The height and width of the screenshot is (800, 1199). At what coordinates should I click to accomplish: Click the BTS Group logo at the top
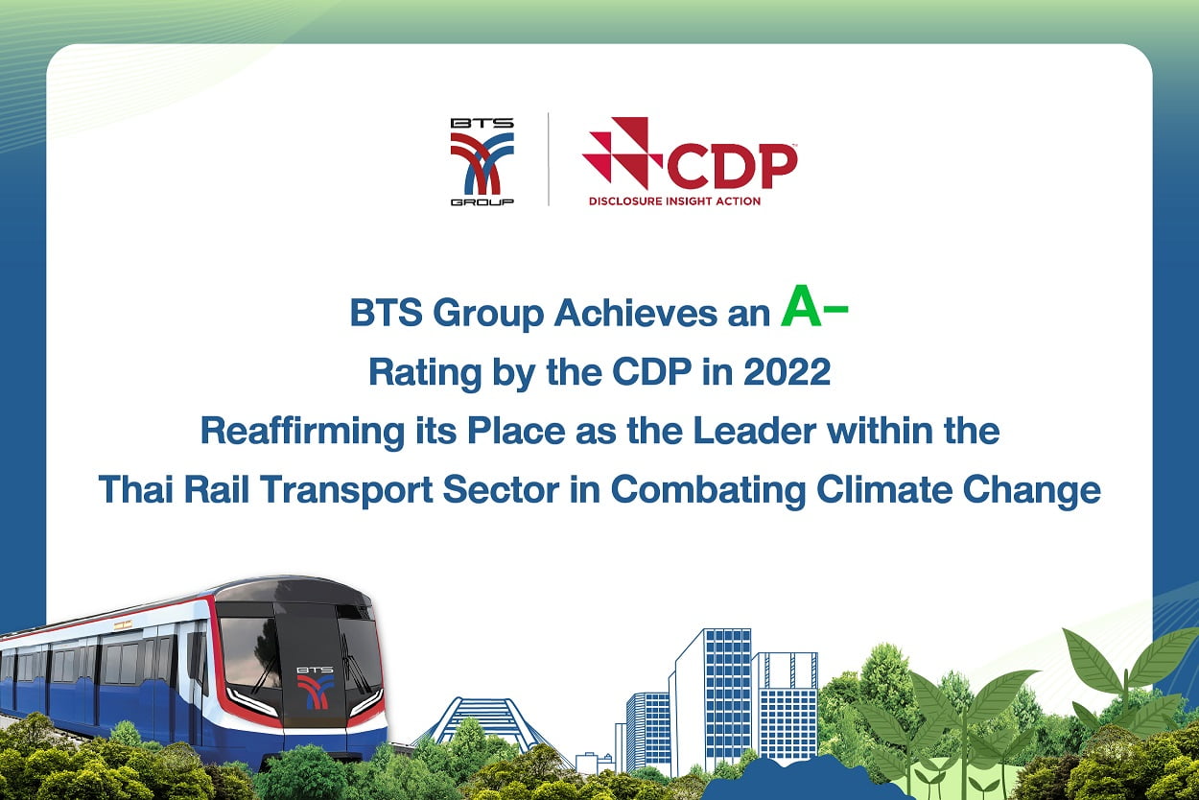pyautogui.click(x=482, y=161)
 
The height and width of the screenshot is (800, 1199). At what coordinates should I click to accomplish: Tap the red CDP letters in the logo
pyautogui.click(x=732, y=166)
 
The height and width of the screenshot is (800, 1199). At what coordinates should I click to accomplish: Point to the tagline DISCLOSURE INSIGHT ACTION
pyautogui.click(x=674, y=201)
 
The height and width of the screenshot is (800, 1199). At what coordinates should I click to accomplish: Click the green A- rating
pyautogui.click(x=813, y=306)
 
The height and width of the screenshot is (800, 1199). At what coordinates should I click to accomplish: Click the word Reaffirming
pyautogui.click(x=302, y=432)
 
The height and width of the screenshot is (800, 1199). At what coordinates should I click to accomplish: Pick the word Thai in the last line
pyautogui.click(x=136, y=489)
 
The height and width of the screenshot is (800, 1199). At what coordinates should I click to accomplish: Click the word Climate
pyautogui.click(x=884, y=489)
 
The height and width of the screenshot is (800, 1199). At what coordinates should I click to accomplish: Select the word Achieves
pyautogui.click(x=635, y=313)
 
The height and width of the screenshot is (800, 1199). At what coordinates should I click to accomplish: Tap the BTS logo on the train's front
pyautogui.click(x=316, y=688)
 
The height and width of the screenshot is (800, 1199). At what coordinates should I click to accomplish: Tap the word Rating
pyautogui.click(x=426, y=373)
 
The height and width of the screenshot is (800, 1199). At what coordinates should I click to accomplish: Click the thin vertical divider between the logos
pyautogui.click(x=548, y=159)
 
